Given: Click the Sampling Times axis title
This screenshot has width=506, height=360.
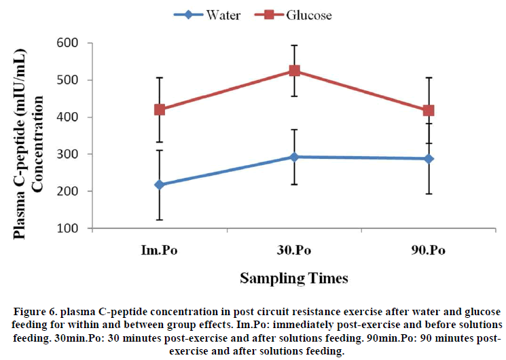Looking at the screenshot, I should (x=294, y=278).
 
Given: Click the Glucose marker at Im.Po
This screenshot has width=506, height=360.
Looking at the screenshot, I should (x=159, y=109).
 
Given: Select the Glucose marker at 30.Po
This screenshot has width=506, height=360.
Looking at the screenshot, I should (x=294, y=71).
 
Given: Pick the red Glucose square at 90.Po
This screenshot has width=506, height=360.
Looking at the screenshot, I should (x=429, y=110).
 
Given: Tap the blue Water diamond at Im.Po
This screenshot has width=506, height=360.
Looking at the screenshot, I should (x=159, y=185).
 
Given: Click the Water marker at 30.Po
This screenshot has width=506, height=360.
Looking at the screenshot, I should (x=294, y=157).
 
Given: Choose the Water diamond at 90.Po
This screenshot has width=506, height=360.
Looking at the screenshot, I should (x=429, y=159).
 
